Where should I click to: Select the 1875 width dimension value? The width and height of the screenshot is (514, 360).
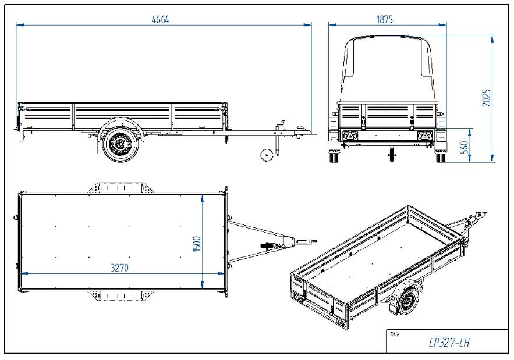click(385, 19)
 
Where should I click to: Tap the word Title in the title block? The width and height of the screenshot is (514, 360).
click(394, 334)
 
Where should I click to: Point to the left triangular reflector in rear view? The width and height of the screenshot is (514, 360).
click(350, 136)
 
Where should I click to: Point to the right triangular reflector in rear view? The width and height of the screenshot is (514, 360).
click(424, 136)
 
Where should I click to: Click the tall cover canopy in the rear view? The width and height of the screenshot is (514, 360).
click(387, 70)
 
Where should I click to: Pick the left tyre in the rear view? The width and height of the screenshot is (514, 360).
click(334, 156)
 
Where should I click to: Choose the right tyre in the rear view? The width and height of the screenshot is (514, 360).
click(441, 156)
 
